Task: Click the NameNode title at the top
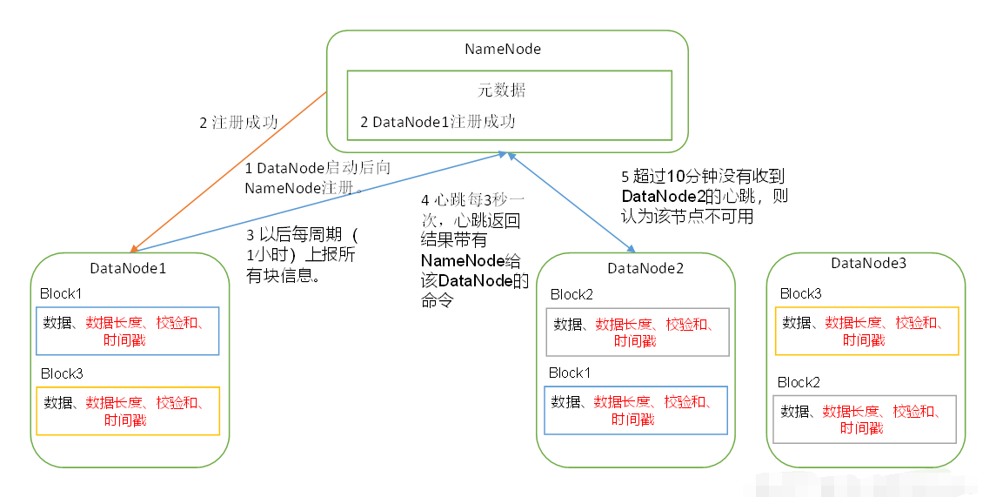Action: tap(503, 49)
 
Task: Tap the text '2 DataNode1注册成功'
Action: tap(438, 122)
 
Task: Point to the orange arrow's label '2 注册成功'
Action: tap(238, 123)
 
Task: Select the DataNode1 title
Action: tap(128, 268)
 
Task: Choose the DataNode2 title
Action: tap(645, 268)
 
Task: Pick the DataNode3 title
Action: tap(868, 263)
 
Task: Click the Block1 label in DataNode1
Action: tap(61, 293)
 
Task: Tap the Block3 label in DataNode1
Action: tap(62, 373)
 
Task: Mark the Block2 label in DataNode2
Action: tap(572, 294)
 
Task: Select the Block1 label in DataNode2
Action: tap(570, 373)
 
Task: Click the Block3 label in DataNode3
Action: tap(800, 293)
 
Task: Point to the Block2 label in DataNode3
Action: tap(799, 382)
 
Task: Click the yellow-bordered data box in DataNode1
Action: tap(128, 411)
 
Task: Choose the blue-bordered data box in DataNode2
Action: tap(635, 410)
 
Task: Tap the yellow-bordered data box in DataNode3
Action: tap(866, 331)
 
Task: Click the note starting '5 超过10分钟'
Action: tap(705, 196)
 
